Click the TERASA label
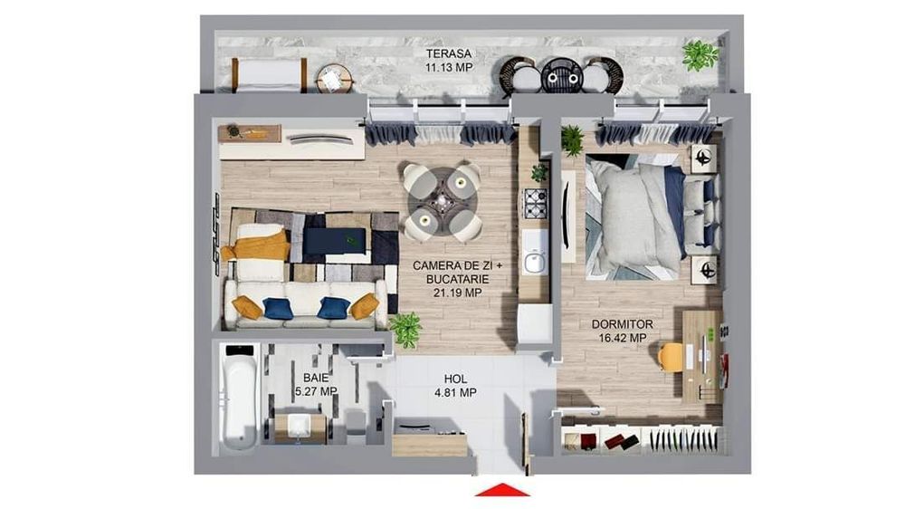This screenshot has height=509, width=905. coord(449,53)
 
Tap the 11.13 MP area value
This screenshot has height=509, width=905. coord(449,68)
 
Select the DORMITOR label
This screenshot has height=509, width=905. coord(623,325)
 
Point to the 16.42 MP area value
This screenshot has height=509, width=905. coord(623,338)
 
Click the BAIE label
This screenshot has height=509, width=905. coord(316,379)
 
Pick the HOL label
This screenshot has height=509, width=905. coord(455,379)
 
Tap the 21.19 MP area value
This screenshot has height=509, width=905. coord(457,293)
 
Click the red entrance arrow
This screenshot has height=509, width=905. coord(502,490)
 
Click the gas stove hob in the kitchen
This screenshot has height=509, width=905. coord(535,203)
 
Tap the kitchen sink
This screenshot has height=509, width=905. coord(535,262)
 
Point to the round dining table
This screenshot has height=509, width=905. coord(443,201)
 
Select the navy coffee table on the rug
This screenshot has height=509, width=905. coord(335,241)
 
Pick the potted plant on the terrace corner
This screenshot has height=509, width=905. coord(700,56)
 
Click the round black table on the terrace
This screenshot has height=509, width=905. coord(562,75)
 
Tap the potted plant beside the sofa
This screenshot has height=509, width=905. coord(405,330)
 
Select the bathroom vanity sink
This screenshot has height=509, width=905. coord(299,427)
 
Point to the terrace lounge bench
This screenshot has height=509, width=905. coord(270,75)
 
